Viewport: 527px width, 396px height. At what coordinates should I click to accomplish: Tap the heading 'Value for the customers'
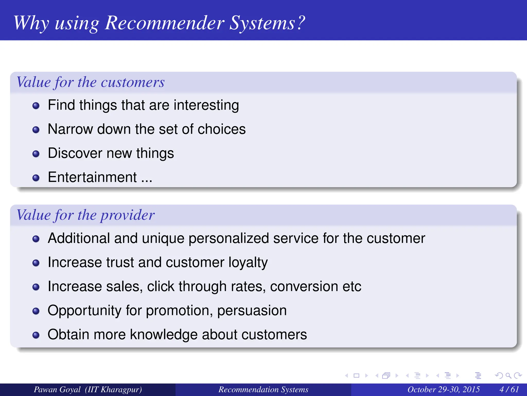coord(90,82)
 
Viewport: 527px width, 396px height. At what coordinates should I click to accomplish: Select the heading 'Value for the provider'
coord(85,215)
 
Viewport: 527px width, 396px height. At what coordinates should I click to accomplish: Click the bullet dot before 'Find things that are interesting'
coord(36,106)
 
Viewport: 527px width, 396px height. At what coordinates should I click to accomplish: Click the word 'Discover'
coord(75,153)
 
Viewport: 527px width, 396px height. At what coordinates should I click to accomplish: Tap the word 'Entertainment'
coord(92,177)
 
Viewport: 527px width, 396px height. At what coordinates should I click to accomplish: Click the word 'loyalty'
coord(248,263)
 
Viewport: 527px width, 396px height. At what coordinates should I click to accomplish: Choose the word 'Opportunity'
coord(84,311)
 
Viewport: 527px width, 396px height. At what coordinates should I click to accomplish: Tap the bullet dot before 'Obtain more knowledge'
coord(36,335)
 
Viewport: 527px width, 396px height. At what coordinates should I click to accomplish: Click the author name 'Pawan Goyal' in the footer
coord(57,389)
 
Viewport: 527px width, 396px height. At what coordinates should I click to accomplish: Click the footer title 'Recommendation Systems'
coord(263,389)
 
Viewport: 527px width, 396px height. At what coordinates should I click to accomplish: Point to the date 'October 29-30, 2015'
coord(443,389)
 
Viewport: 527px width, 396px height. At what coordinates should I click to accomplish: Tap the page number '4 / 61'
coord(509,389)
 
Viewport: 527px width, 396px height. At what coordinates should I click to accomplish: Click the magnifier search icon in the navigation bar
coord(508,376)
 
